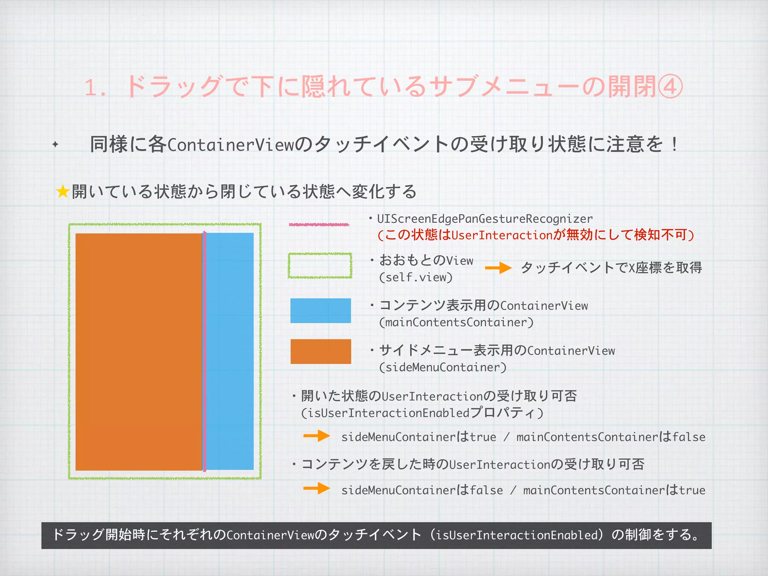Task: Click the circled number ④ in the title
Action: click(x=670, y=87)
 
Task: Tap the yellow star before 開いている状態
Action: click(x=63, y=192)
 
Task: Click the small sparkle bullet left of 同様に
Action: click(x=55, y=144)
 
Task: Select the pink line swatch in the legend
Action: click(x=319, y=225)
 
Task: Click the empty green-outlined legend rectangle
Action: click(x=320, y=265)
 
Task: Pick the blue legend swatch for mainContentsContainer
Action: click(x=321, y=310)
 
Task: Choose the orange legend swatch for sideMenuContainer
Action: click(x=321, y=351)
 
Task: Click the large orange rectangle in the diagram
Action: click(x=139, y=352)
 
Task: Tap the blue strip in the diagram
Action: click(x=230, y=351)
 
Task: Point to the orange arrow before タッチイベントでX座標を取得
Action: click(x=498, y=268)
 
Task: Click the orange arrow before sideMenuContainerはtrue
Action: click(x=316, y=436)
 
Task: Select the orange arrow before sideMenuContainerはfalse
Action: click(x=316, y=488)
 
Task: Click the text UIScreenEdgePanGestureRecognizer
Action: click(x=485, y=219)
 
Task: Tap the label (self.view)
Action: click(x=416, y=277)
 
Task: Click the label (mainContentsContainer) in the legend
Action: click(x=456, y=322)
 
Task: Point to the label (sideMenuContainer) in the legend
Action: click(x=442, y=367)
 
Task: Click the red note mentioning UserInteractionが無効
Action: click(x=536, y=235)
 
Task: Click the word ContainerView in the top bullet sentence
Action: click(x=231, y=145)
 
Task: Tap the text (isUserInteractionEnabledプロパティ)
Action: click(x=422, y=413)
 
